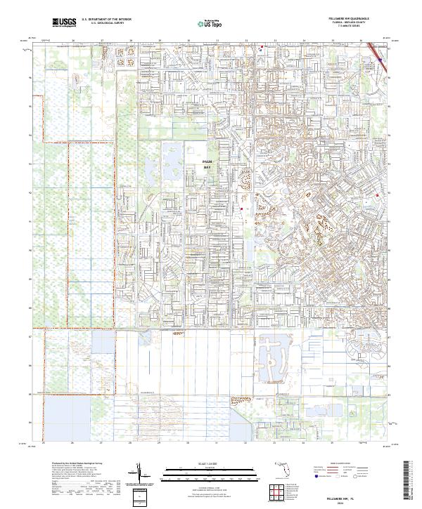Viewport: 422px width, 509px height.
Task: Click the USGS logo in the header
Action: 64,23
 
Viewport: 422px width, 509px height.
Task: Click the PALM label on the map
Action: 207,161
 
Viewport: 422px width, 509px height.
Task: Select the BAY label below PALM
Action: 207,168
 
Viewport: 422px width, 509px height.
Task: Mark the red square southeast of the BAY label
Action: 241,209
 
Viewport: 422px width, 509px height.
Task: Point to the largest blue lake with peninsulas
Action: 274,355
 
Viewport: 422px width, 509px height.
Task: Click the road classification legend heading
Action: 345,465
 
